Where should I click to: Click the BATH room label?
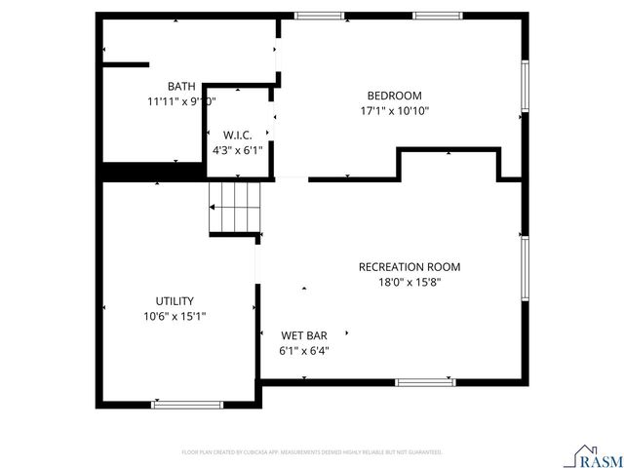181,87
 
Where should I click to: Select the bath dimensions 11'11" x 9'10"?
181,100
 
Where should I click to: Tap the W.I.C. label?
238,136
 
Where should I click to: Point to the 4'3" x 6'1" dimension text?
238,150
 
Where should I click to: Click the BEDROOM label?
394,96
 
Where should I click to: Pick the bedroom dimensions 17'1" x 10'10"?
394,110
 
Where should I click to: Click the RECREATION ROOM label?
409,267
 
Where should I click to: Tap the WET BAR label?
304,335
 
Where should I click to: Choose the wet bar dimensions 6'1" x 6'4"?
304,350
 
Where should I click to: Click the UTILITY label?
175,301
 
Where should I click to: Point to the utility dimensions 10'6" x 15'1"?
175,316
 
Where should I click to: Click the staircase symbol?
237,207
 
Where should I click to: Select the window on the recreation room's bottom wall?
425,382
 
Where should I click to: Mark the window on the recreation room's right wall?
525,268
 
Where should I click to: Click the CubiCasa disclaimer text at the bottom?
312,452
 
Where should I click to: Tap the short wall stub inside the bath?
126,64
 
